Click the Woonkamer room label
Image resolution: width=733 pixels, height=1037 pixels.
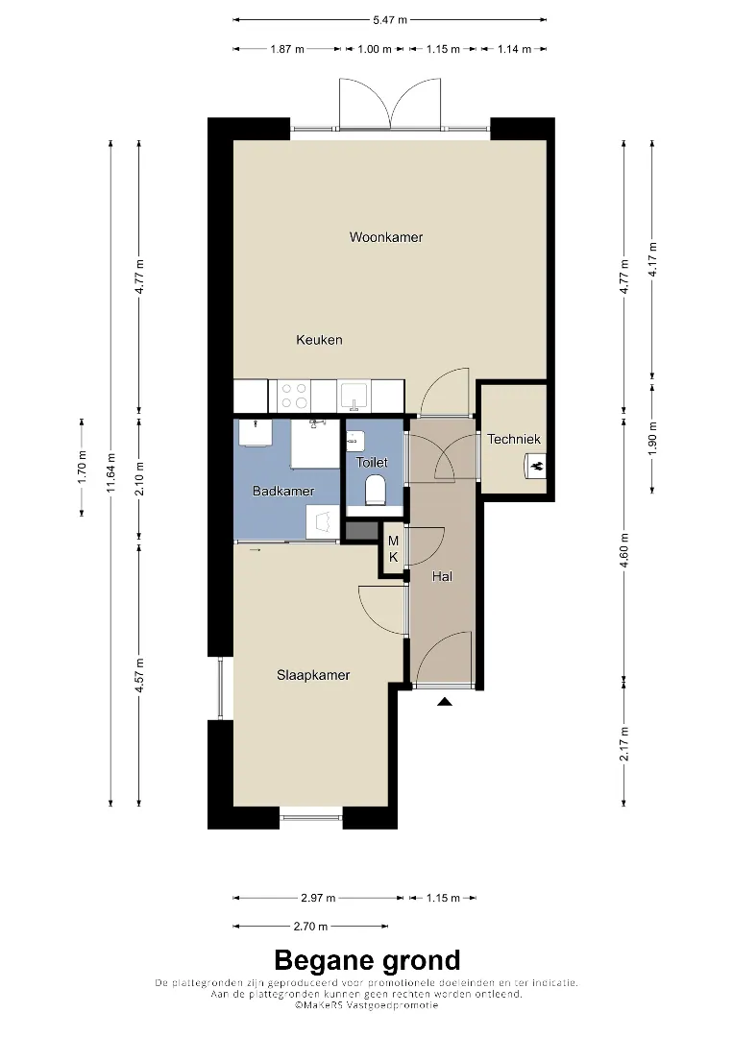tap(385, 237)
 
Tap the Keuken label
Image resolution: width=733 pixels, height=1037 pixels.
tap(319, 340)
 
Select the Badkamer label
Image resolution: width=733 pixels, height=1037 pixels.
tap(283, 491)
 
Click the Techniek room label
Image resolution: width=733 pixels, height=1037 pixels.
tap(513, 439)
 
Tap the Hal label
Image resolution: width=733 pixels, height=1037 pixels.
tap(442, 577)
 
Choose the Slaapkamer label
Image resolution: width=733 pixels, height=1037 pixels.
tap(313, 675)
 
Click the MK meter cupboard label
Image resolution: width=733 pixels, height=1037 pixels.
tap(394, 549)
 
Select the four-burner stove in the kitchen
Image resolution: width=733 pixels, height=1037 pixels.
tap(294, 396)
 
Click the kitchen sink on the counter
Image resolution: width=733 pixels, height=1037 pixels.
tap(354, 396)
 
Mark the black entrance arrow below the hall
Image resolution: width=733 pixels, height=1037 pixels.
tap(445, 702)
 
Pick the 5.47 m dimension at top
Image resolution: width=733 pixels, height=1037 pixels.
tap(390, 20)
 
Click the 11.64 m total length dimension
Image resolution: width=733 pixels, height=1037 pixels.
tap(110, 472)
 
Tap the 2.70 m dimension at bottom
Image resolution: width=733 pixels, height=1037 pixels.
tap(310, 927)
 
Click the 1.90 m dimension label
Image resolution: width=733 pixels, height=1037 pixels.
tap(652, 439)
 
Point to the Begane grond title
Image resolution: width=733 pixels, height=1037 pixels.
tap(367, 960)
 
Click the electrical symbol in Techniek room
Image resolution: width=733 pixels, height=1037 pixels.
tap(536, 466)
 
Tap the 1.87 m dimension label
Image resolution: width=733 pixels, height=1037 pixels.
tap(287, 49)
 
